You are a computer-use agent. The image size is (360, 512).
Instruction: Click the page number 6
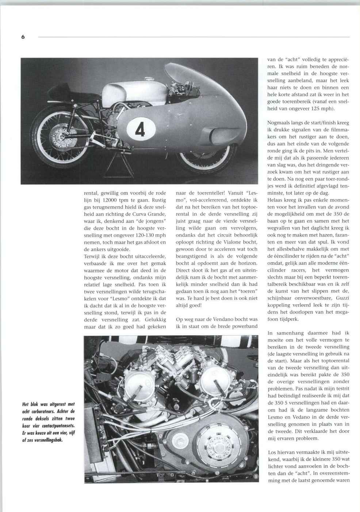[x=23, y=37]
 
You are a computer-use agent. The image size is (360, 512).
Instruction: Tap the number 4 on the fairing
[x=141, y=130]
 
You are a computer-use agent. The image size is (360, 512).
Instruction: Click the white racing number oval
[x=141, y=130]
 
